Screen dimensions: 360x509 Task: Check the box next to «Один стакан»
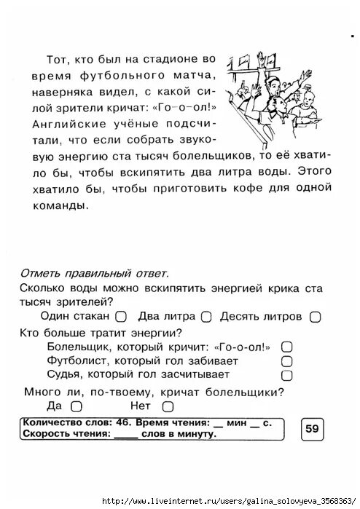tap(121, 317)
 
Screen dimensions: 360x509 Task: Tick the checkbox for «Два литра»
tap(206, 317)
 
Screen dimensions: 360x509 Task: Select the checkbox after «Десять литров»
tap(315, 317)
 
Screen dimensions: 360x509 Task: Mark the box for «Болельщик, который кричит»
tap(286, 347)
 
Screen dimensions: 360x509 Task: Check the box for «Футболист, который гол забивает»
tap(286, 360)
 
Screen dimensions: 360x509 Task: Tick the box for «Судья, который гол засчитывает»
tap(286, 375)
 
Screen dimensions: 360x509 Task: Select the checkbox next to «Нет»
tap(168, 406)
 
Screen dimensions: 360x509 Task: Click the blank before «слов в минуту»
tap(125, 434)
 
